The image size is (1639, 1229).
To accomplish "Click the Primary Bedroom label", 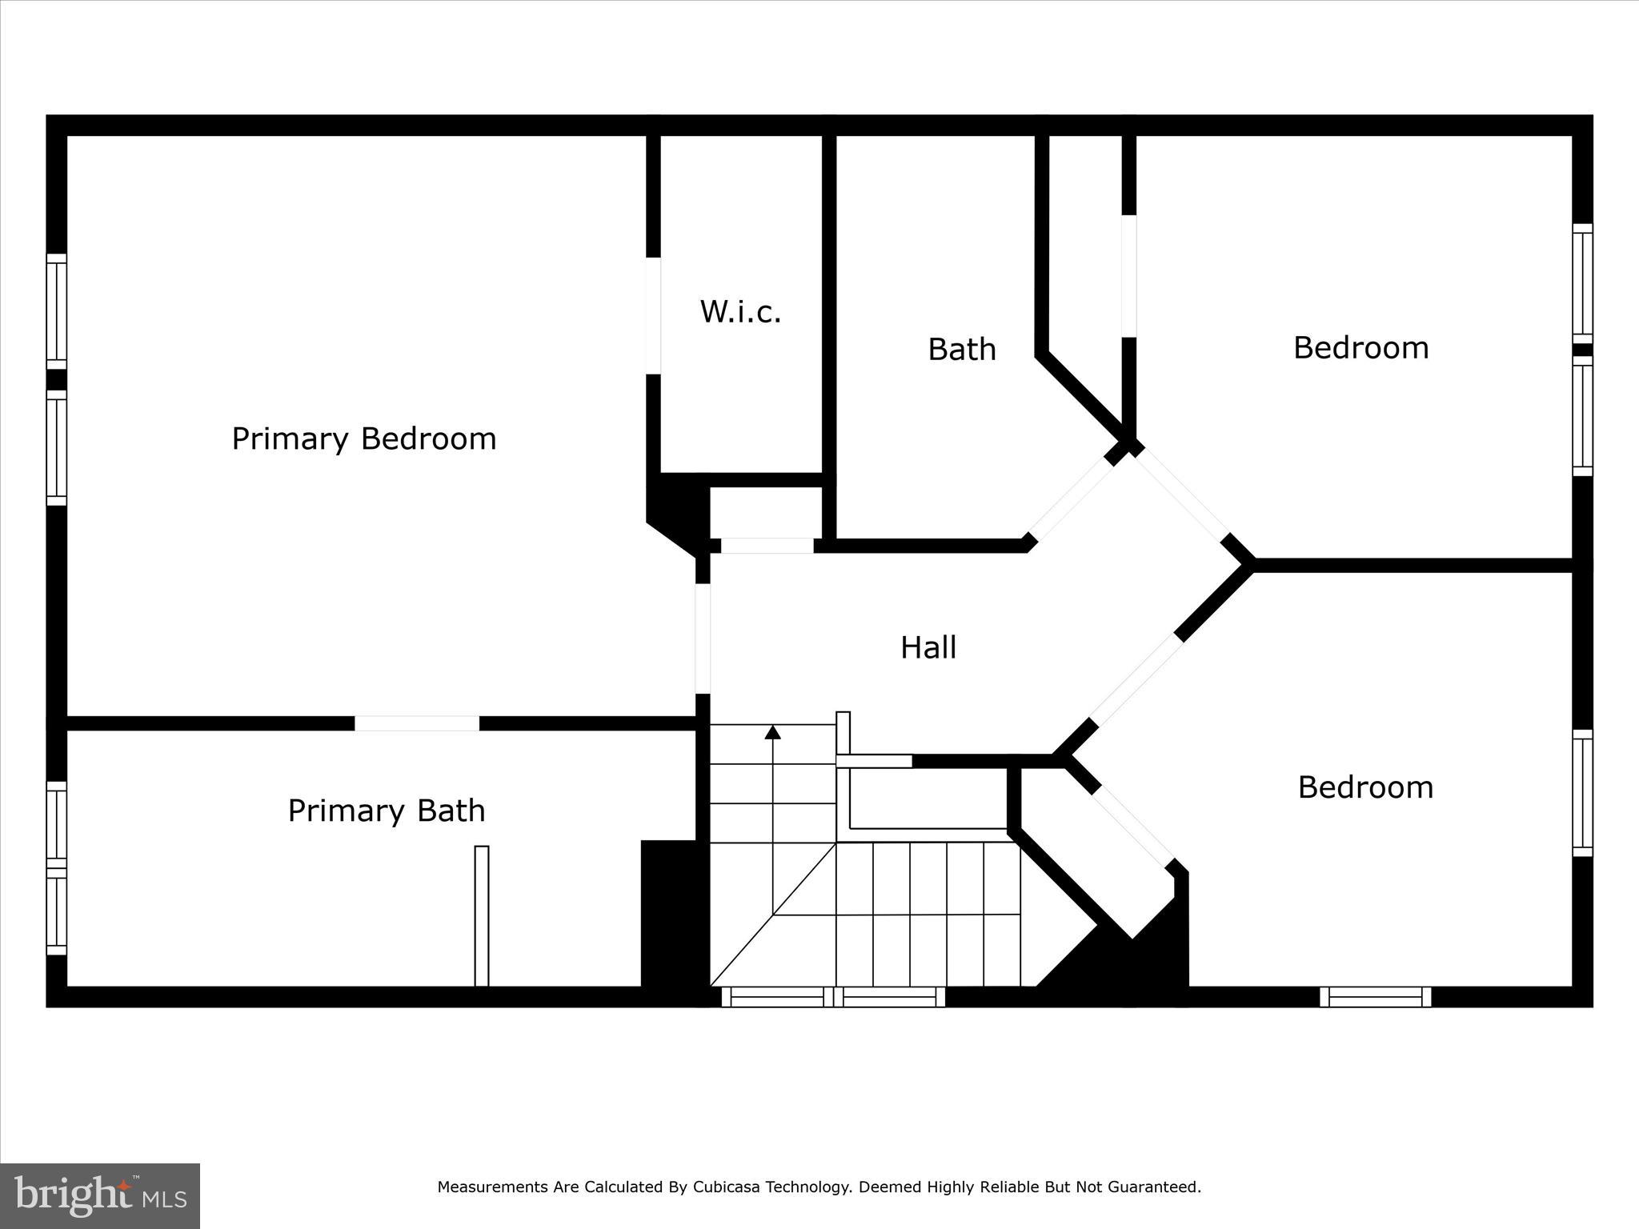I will click(x=364, y=438).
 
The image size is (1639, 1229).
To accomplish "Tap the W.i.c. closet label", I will click(x=740, y=312).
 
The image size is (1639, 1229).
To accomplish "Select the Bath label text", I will click(x=961, y=350).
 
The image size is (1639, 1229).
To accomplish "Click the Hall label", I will click(x=928, y=647).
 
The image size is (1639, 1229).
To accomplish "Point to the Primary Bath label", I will click(x=387, y=811).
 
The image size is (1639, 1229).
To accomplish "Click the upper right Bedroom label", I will click(x=1360, y=348).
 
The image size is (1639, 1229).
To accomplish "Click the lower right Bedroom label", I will click(x=1365, y=787).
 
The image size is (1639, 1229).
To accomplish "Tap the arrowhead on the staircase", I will click(x=772, y=731).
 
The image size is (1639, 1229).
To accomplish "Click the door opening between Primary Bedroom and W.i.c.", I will click(x=653, y=315).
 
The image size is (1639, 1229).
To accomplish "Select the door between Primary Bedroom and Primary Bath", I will click(x=417, y=723).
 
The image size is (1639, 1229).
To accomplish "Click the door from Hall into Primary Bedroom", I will click(x=703, y=639).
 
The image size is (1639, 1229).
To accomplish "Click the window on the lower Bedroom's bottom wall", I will click(x=1375, y=997).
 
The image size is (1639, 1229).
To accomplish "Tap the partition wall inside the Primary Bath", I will click(x=481, y=915).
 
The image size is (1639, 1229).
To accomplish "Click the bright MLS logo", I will click(x=100, y=1195).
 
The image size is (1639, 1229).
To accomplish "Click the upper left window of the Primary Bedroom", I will click(x=56, y=311).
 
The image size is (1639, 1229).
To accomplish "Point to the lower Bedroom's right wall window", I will click(x=1582, y=793).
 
